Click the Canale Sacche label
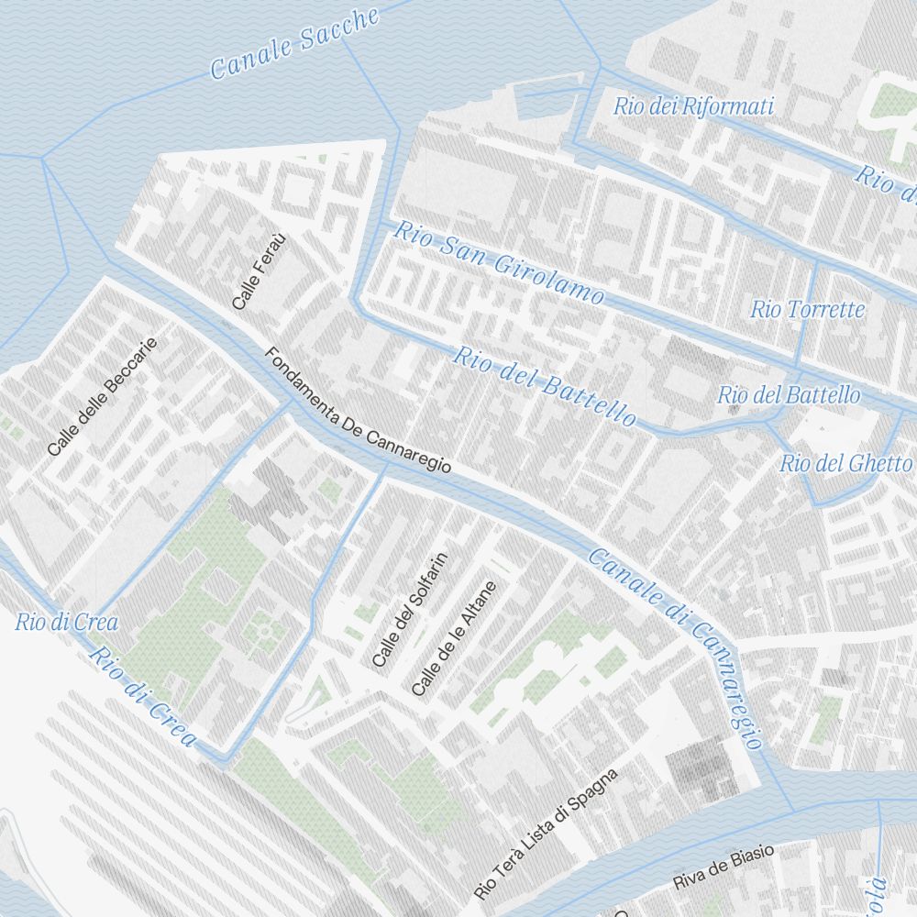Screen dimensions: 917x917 [294, 44]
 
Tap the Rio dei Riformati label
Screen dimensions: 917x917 [694, 106]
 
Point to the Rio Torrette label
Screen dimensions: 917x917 [807, 309]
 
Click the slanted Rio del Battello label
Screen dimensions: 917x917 [544, 386]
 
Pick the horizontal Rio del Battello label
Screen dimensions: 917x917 [789, 395]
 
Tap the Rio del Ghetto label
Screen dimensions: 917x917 [845, 464]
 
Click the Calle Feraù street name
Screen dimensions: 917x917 [260, 271]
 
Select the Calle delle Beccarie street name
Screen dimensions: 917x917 [102, 397]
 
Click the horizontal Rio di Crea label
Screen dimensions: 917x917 [66, 623]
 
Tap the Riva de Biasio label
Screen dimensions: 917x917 [723, 867]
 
